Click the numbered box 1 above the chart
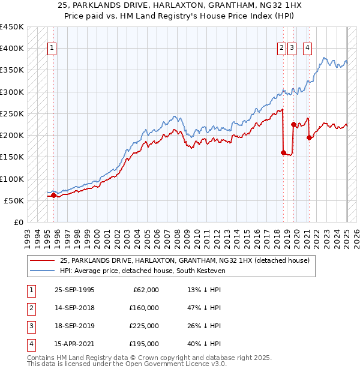pyautogui.click(x=52, y=49)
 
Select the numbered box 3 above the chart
pyautogui.click(x=292, y=49)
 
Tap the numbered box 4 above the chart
pyautogui.click(x=307, y=49)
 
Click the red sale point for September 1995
pyautogui.click(x=53, y=195)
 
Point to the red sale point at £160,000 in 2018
pyautogui.click(x=283, y=152)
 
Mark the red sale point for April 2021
pyautogui.click(x=310, y=137)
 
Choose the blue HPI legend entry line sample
pyautogui.click(x=43, y=270)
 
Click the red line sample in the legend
pyautogui.click(x=43, y=260)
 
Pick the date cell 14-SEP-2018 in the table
pyautogui.click(x=74, y=308)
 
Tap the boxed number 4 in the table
pyautogui.click(x=31, y=344)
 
